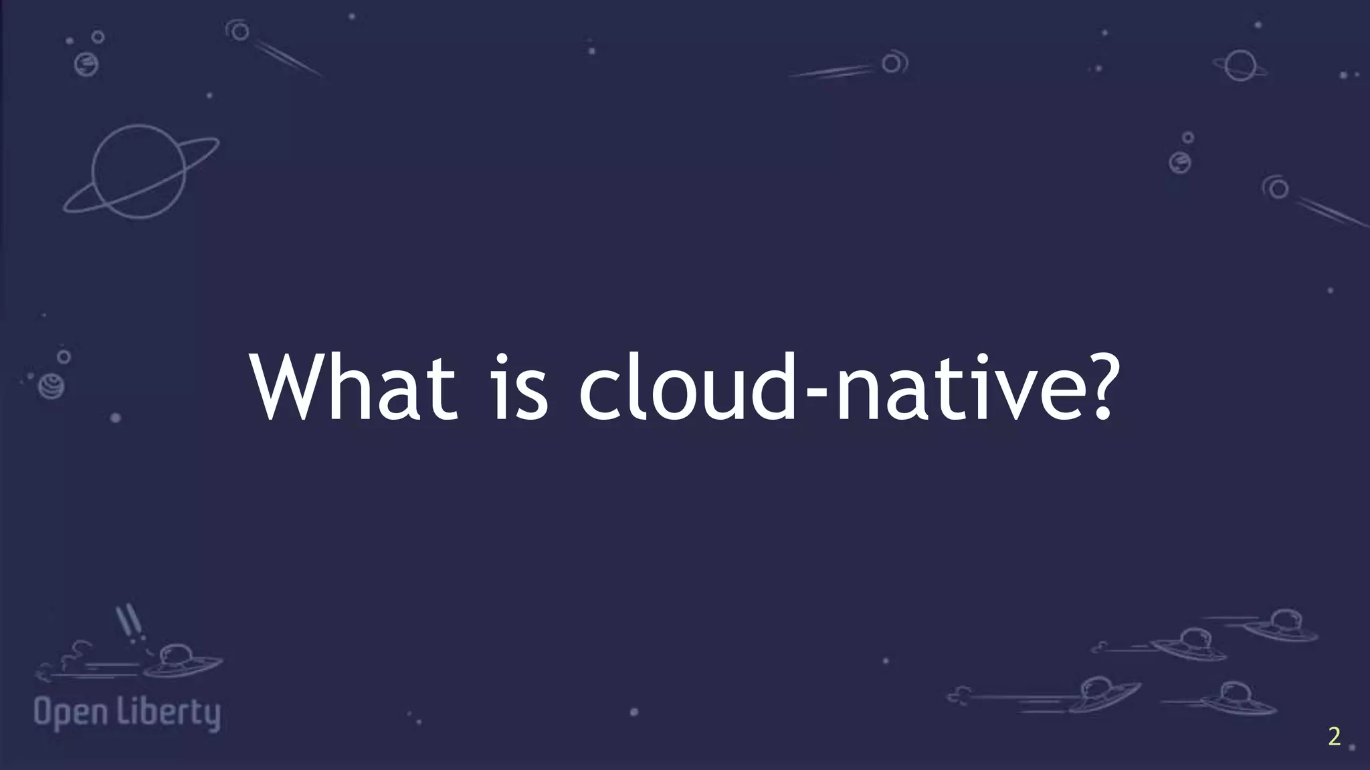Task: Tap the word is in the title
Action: click(520, 388)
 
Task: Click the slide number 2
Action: click(1334, 737)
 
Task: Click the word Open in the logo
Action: click(71, 713)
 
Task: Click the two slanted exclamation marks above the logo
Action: click(129, 622)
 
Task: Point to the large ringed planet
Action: click(139, 171)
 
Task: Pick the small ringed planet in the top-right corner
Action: click(1240, 66)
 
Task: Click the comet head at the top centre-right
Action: click(892, 63)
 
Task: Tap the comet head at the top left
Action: click(239, 31)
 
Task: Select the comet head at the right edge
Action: click(1278, 188)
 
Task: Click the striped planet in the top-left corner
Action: click(86, 64)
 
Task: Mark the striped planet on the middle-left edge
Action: click(52, 386)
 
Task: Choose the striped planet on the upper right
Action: click(1180, 162)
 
